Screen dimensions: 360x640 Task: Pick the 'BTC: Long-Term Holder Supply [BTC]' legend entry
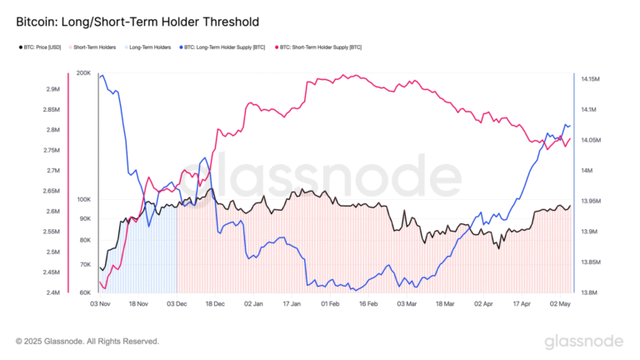tap(222, 47)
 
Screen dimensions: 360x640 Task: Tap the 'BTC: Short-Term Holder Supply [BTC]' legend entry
tap(321, 47)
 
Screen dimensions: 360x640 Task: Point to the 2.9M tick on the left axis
tap(52, 89)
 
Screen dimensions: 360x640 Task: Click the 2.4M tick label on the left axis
tap(52, 292)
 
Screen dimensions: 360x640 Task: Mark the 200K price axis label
tap(83, 73)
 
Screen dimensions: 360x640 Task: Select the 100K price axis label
tap(83, 200)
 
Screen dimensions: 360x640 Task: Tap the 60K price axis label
tap(85, 292)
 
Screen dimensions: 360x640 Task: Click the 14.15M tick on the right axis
tap(590, 79)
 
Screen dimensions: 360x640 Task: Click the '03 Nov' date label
tap(99, 305)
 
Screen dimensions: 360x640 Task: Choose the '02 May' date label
tap(559, 305)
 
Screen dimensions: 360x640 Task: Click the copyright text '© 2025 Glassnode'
tap(87, 341)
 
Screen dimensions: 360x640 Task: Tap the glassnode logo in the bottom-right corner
tap(583, 342)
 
